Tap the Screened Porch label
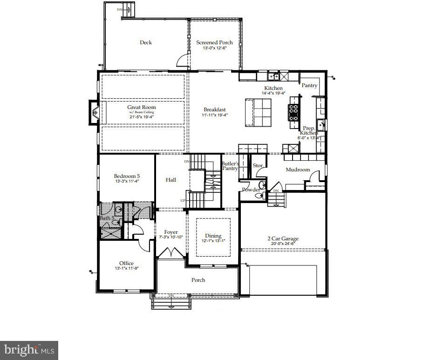(214, 42)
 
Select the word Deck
(146, 42)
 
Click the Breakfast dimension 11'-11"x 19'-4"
(214, 115)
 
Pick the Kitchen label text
(273, 88)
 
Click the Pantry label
(309, 85)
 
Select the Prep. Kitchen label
(309, 130)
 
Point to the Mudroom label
(298, 170)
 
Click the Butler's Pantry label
(230, 166)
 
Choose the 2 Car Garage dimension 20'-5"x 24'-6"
(283, 244)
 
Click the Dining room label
(213, 236)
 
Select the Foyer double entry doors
(170, 252)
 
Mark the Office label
(126, 263)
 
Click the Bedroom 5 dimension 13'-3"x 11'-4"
(127, 182)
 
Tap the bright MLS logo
(29, 349)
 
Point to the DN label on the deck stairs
(120, 9)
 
